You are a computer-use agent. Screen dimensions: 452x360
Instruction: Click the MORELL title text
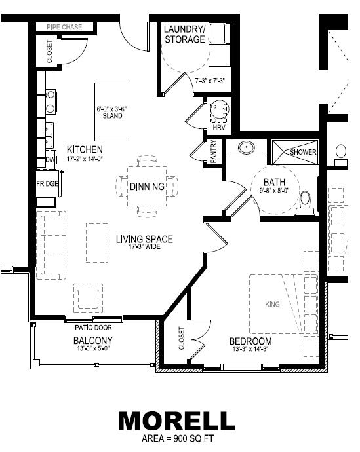(x=176, y=420)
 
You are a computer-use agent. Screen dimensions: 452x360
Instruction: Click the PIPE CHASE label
(x=64, y=27)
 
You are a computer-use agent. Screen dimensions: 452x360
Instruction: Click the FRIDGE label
(x=47, y=183)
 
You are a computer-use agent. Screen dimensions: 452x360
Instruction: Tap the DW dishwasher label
(x=50, y=160)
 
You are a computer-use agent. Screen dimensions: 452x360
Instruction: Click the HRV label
(x=218, y=127)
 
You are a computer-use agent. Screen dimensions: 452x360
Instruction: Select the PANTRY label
(x=213, y=152)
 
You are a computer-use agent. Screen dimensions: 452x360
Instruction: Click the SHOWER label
(x=304, y=152)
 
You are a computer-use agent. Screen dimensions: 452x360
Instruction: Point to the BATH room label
(x=274, y=182)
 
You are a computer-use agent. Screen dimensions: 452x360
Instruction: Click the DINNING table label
(x=147, y=187)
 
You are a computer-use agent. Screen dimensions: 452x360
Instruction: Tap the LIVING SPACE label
(x=146, y=239)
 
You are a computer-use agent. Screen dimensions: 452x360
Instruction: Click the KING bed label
(x=272, y=305)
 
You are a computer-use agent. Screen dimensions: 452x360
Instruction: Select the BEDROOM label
(x=250, y=341)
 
